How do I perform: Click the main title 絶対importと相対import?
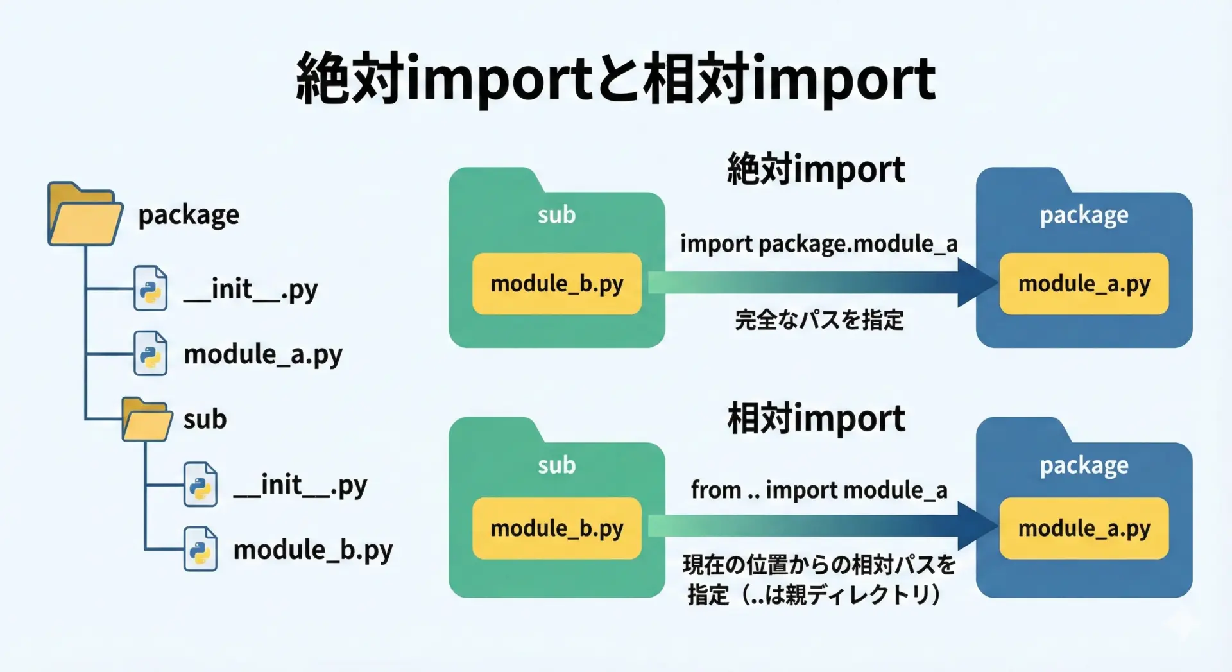(616, 78)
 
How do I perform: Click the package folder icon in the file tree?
(85, 214)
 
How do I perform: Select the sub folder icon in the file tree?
(147, 419)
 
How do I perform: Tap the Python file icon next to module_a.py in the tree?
(150, 353)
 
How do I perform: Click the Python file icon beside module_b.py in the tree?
(200, 549)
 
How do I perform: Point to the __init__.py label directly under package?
(250, 289)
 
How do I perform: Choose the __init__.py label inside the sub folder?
(300, 486)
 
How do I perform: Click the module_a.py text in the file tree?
(263, 355)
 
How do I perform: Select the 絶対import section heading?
(816, 169)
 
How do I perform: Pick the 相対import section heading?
(816, 418)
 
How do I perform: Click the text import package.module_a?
(819, 245)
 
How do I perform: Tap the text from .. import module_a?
(819, 490)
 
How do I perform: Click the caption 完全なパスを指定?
(819, 319)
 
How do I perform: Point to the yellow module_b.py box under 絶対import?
(557, 284)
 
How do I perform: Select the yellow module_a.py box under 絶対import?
(1084, 284)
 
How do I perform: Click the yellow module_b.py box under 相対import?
(557, 528)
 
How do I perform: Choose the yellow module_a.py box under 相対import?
(1084, 528)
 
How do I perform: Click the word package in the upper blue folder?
(1084, 216)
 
